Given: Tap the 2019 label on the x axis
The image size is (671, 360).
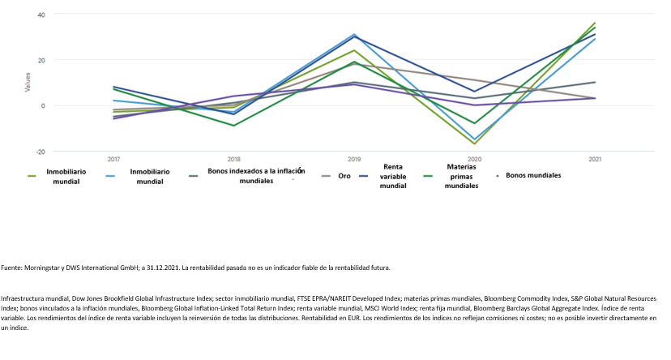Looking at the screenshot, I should click(354, 159).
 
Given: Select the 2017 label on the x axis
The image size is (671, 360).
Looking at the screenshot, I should click(113, 159).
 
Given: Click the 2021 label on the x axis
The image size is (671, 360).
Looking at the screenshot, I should click(595, 159).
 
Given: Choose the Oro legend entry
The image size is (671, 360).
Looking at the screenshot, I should click(344, 176).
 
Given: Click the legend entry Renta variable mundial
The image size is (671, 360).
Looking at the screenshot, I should click(393, 176).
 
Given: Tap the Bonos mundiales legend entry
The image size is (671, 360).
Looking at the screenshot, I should click(532, 174).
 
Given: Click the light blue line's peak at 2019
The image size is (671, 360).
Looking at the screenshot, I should click(354, 35).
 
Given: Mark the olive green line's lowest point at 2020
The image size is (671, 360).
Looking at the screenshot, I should click(474, 144).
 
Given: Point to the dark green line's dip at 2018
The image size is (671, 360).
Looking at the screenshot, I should click(234, 126).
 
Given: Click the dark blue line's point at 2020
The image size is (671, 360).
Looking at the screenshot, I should click(474, 92).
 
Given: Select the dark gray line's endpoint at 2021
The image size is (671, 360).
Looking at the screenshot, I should click(595, 83).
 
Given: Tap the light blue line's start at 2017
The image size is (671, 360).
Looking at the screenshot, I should click(113, 101).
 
